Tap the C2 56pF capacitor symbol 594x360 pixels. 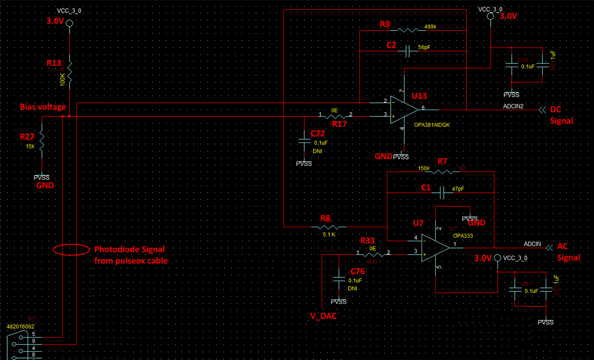point(407,51)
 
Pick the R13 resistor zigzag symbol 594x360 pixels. point(70,71)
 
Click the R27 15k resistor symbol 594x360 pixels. point(42,140)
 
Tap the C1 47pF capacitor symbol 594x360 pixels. point(441,193)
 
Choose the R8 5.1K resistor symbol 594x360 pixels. point(332,226)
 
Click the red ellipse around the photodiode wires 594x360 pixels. point(71,250)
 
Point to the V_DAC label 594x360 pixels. point(323,317)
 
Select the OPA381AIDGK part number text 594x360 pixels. point(432,125)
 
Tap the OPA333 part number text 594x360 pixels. point(463,235)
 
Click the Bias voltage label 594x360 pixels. point(43,107)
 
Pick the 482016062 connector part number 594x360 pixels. point(20,326)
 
